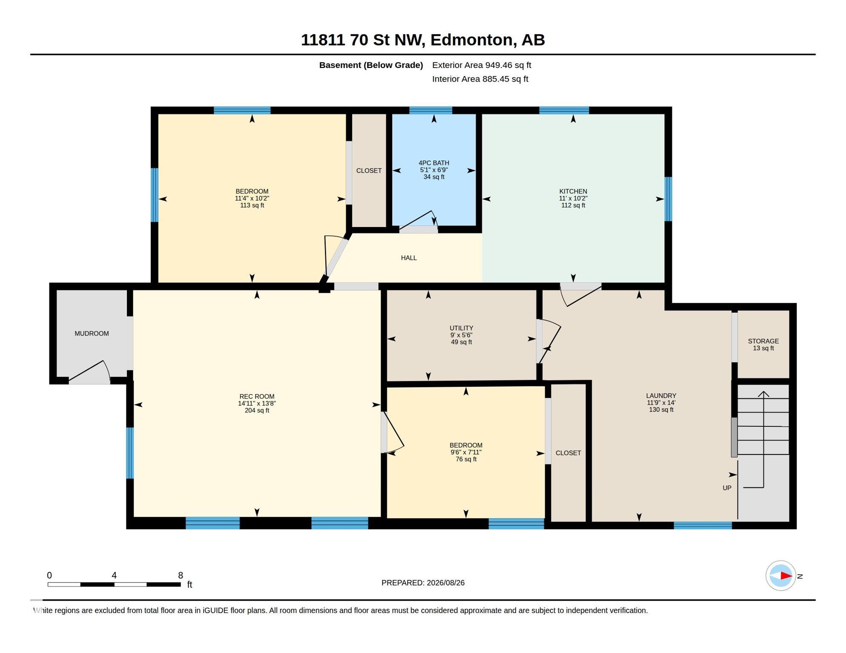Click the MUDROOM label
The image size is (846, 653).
click(x=91, y=334)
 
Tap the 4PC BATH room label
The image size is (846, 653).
click(x=434, y=163)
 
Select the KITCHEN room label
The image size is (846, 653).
click(x=573, y=191)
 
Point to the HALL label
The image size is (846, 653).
click(x=409, y=258)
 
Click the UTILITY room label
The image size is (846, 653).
click(x=461, y=328)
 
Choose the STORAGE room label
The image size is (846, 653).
click(x=763, y=341)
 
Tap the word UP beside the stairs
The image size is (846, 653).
click(x=727, y=488)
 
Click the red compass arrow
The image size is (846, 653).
click(x=786, y=576)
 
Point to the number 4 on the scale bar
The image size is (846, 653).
click(x=114, y=575)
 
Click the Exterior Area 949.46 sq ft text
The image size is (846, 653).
click(x=481, y=65)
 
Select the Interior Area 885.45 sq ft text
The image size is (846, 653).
click(x=480, y=79)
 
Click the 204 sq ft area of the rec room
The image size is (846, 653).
click(x=257, y=411)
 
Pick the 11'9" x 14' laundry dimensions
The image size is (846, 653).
click(x=661, y=403)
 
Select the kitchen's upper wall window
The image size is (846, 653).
click(x=564, y=111)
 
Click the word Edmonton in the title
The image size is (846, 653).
click(x=473, y=40)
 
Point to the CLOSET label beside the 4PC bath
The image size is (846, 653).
click(x=369, y=170)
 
